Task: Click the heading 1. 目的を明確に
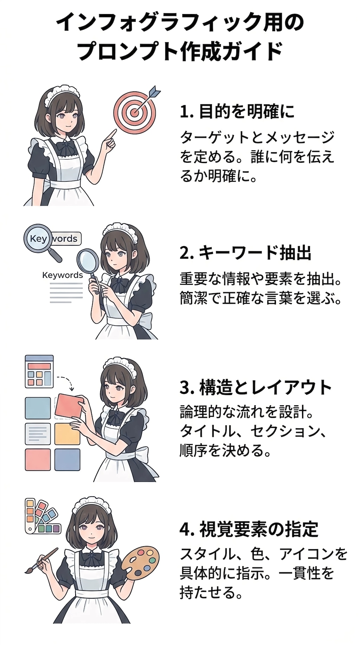point(237,112)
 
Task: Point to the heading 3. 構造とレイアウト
point(256,387)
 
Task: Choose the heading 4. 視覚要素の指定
point(249,529)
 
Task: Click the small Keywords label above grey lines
point(62,275)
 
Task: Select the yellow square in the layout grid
point(67,434)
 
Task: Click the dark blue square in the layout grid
point(67,460)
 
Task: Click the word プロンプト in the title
point(127,51)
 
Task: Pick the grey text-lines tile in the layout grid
point(38,434)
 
